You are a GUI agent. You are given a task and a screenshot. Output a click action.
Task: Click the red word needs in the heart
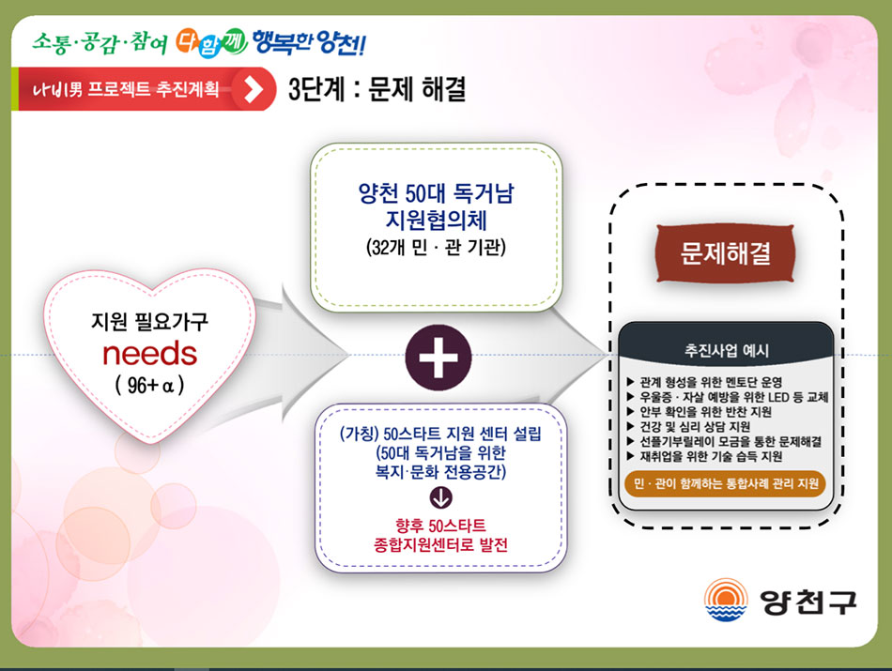click(149, 354)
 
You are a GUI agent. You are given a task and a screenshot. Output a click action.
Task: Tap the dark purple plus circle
click(438, 358)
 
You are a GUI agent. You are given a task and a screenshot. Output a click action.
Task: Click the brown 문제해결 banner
click(725, 253)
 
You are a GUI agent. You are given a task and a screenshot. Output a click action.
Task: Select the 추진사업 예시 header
click(726, 350)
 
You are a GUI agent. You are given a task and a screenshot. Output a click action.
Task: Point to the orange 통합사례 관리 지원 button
click(725, 484)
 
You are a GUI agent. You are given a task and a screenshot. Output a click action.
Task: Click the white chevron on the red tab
click(254, 89)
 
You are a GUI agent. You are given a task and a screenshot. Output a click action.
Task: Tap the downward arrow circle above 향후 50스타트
click(441, 497)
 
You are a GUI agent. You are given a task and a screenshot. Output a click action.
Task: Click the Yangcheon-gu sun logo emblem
click(725, 600)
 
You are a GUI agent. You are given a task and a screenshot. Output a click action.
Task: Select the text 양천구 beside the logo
click(807, 601)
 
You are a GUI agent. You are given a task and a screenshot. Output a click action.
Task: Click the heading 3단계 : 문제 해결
click(377, 89)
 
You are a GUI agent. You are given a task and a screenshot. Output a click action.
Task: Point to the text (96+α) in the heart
click(149, 386)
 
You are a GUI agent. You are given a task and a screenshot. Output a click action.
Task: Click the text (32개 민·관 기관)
click(436, 248)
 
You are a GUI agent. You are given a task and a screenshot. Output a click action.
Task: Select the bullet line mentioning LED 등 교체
click(728, 397)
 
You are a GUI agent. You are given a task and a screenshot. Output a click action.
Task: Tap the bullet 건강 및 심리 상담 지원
click(688, 426)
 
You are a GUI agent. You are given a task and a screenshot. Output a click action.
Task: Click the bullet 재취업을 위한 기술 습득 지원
click(704, 456)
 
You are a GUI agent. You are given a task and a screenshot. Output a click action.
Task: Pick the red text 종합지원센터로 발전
click(440, 544)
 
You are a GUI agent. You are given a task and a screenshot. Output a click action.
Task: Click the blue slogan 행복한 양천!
click(309, 42)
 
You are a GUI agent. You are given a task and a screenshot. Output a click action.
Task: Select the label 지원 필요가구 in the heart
click(149, 322)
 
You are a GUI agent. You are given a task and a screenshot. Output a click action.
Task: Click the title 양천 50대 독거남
click(436, 194)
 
